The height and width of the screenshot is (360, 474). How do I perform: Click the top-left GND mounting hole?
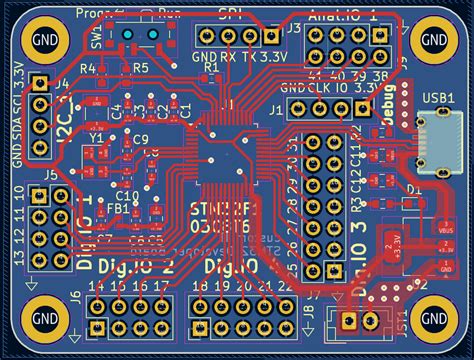43,40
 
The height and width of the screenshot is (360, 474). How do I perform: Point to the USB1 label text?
438,98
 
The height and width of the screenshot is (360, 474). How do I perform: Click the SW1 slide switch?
141,34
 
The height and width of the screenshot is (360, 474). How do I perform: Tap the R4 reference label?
88,68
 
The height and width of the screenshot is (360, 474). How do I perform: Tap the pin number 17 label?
162,287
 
